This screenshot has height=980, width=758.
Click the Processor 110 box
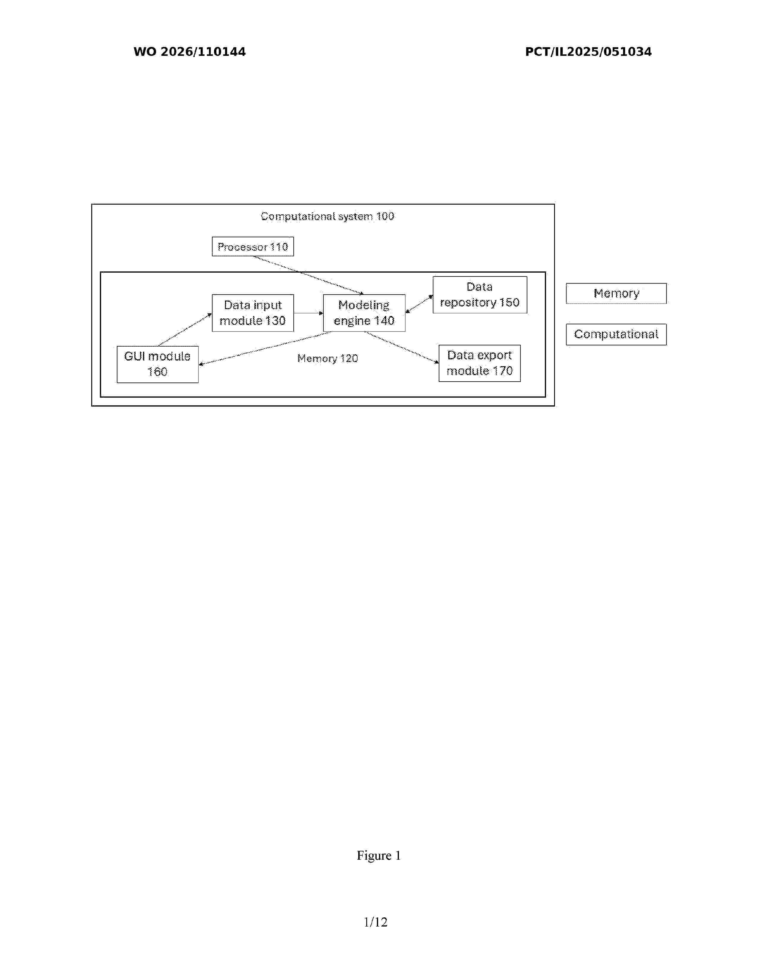(x=253, y=246)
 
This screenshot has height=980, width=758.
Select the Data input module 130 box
(x=253, y=313)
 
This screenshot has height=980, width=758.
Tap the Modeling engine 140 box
(x=364, y=313)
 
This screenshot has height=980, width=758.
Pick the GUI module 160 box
(x=158, y=364)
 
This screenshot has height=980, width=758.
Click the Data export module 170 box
(x=479, y=363)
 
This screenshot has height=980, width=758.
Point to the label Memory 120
(x=328, y=358)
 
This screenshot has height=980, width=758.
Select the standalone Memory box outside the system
(x=616, y=293)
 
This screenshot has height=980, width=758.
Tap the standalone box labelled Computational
(x=616, y=334)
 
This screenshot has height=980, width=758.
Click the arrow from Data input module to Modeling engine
(x=309, y=313)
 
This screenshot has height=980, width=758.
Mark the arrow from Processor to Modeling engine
(x=309, y=275)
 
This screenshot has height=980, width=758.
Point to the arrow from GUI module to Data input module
(x=185, y=330)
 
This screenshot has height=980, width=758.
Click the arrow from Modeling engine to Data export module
(x=402, y=347)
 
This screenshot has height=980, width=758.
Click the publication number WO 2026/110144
(x=190, y=52)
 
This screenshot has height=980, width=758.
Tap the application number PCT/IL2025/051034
(x=588, y=52)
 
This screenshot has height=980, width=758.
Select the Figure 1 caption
(x=378, y=855)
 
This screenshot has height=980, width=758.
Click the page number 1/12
(x=375, y=922)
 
